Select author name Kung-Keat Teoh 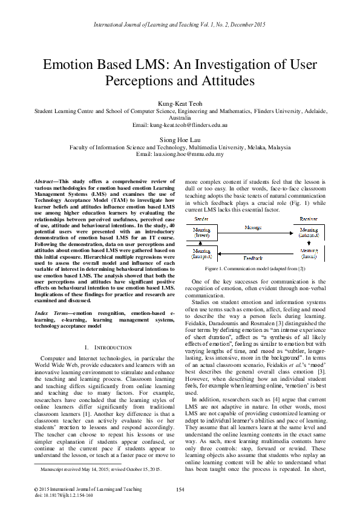coord(180,104)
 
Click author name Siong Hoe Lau coord(180,139)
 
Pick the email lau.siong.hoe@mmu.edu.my coord(180,154)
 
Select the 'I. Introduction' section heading coord(106,348)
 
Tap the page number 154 coord(180,489)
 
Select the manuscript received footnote coord(100,468)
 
